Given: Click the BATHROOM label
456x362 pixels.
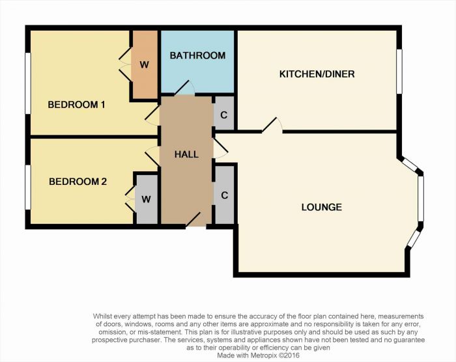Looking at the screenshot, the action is [x=197, y=55].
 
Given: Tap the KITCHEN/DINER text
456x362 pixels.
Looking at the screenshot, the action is [x=317, y=74].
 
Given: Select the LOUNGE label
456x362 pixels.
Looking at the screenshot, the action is [x=322, y=207].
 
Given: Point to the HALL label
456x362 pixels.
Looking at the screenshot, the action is [x=186, y=154].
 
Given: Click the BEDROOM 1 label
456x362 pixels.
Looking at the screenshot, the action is [x=76, y=105].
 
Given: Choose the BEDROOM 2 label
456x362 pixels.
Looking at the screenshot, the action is [x=78, y=182].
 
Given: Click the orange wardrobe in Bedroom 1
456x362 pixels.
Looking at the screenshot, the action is [x=145, y=64].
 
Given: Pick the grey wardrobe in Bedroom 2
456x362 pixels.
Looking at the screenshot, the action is [x=147, y=199].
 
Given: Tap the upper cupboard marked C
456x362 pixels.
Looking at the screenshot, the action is [x=224, y=113].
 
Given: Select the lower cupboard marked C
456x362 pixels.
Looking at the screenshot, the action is [x=224, y=195].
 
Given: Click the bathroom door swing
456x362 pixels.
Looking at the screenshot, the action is [x=184, y=88].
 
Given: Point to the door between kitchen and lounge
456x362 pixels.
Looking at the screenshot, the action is [x=272, y=126].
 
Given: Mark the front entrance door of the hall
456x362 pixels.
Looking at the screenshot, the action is [x=193, y=219].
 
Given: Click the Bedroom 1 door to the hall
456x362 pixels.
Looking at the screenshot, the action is [x=152, y=115].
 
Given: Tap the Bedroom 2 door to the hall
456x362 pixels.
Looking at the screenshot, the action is [x=152, y=156].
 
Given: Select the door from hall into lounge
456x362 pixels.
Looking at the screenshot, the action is [x=221, y=148].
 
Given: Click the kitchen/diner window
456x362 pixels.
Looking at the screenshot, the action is [x=399, y=72].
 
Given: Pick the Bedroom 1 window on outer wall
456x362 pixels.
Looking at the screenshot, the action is [x=28, y=83].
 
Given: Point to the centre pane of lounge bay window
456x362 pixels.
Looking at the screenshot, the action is [x=421, y=199].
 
